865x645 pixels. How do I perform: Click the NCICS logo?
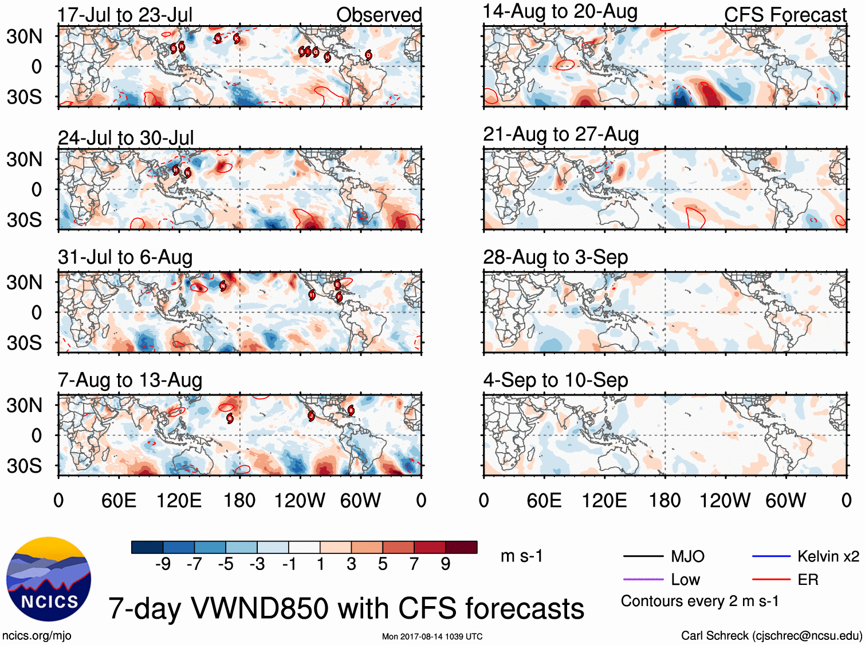(49, 579)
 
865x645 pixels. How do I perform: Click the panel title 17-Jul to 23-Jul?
(125, 15)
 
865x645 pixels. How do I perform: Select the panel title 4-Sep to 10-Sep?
(555, 380)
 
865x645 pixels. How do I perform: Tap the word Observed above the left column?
(379, 15)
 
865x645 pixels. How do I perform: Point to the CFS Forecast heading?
(785, 15)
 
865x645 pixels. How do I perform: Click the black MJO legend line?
(643, 556)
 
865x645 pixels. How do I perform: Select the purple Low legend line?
(643, 580)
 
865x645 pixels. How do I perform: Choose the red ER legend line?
(771, 580)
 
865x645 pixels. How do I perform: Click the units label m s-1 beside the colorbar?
(521, 556)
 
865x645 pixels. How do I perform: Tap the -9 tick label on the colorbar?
(163, 565)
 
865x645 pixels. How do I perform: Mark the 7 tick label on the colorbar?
(414, 565)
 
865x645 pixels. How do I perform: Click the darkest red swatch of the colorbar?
(461, 547)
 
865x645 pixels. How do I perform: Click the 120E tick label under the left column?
(179, 501)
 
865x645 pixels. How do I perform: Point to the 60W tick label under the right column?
(785, 501)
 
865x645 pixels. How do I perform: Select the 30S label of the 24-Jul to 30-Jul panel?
(24, 220)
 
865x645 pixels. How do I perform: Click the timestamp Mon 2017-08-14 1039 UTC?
(432, 636)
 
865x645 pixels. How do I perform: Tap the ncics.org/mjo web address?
(37, 635)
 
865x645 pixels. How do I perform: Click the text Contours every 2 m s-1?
(699, 602)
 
